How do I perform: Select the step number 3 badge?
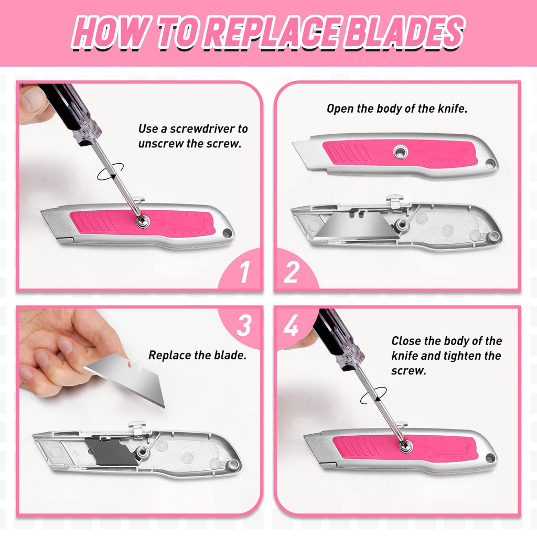[244, 326]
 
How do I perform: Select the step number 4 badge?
[291, 326]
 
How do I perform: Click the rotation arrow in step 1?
[111, 172]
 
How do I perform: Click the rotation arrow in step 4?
[373, 395]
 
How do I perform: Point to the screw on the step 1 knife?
[142, 222]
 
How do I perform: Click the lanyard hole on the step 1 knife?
[227, 232]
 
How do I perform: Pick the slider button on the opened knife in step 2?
[394, 199]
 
